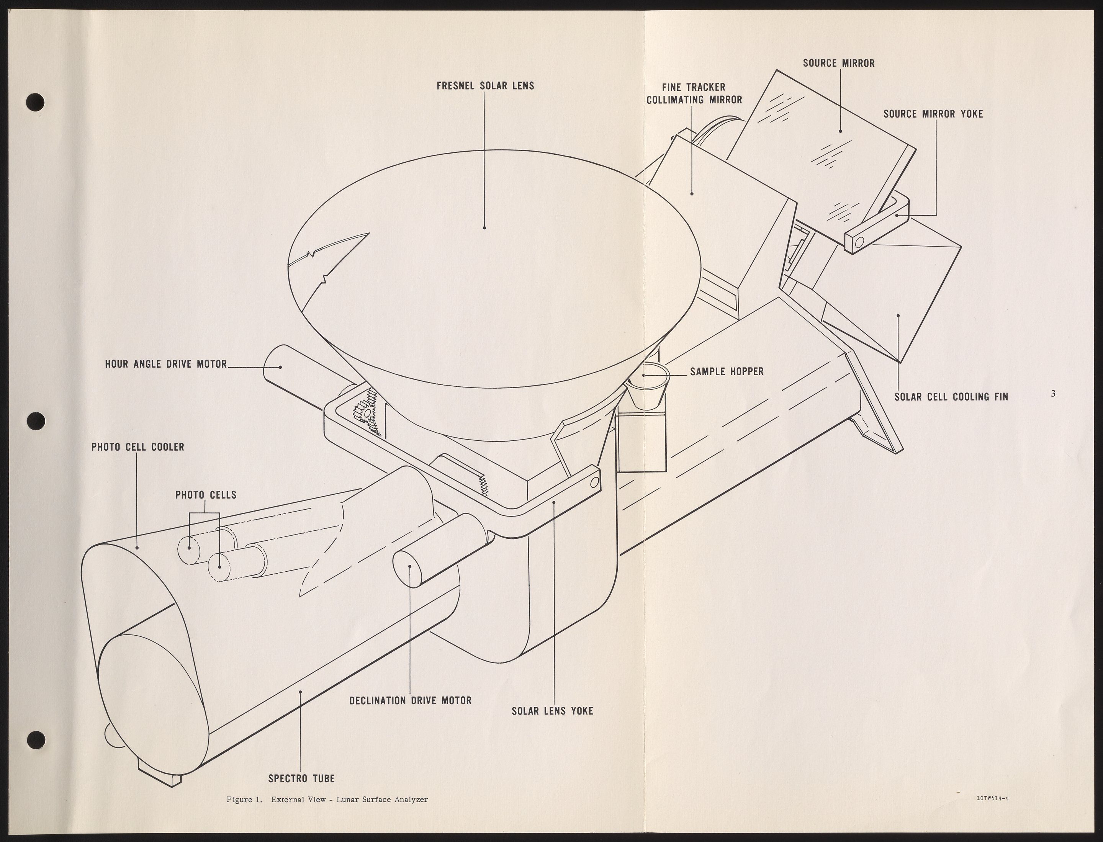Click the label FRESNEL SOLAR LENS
[485, 86]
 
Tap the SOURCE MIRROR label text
[839, 63]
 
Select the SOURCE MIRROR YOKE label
[933, 114]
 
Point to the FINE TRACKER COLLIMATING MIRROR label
[694, 94]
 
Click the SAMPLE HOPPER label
[727, 371]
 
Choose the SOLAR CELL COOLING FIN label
[951, 397]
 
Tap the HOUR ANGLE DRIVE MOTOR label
[166, 364]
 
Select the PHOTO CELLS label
[206, 495]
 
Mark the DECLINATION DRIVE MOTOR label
[410, 700]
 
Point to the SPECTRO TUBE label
[301, 778]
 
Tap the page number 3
[1053, 394]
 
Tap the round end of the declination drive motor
[410, 568]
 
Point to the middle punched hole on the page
[36, 420]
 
